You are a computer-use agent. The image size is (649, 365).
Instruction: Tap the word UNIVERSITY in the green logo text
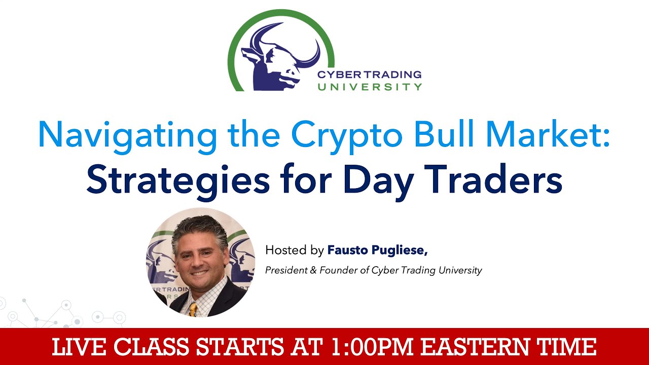point(370,87)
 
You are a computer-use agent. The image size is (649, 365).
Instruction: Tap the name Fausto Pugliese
point(378,250)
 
